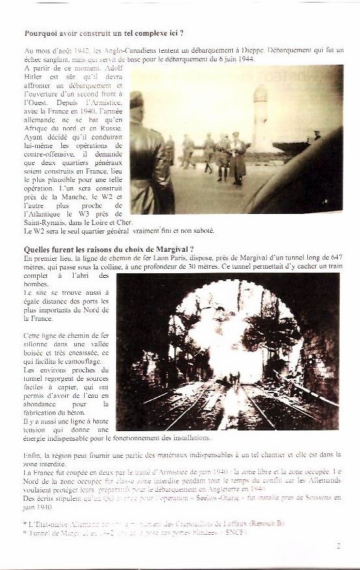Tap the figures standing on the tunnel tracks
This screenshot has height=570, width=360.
(233, 378)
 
